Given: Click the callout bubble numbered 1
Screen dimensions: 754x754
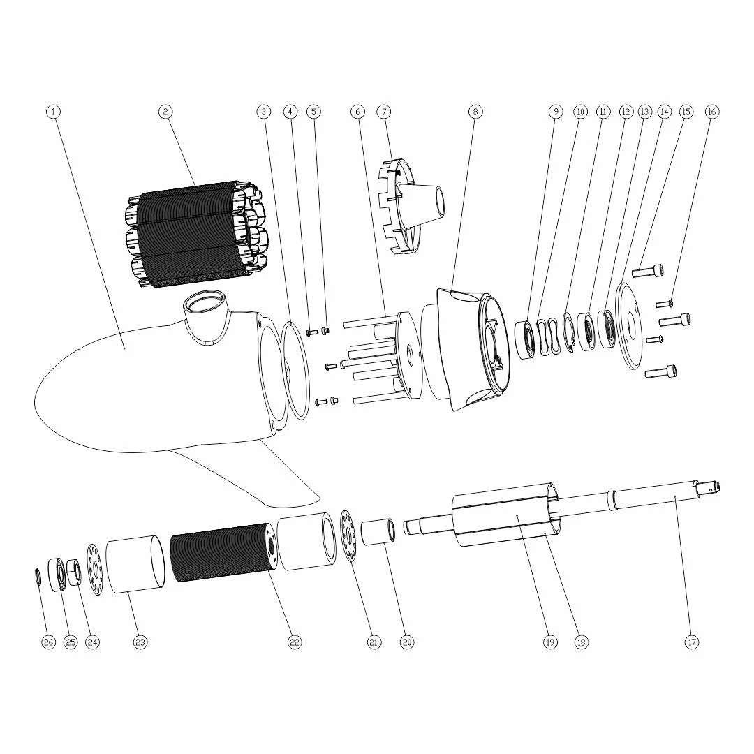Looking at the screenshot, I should coord(54,112).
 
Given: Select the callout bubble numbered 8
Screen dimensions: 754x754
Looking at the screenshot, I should coord(475,112).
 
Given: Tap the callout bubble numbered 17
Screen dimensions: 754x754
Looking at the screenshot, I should coord(692,642).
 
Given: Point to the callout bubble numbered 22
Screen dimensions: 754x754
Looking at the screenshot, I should coord(295,642).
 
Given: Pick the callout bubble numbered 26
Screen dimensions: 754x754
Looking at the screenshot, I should coord(48,642).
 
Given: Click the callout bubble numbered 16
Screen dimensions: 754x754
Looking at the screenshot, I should coord(712,112).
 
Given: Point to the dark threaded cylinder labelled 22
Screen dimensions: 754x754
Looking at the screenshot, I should coord(222,553).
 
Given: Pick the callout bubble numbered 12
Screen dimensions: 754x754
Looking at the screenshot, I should coord(626,112).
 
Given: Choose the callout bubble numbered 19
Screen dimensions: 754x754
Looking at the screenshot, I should coord(550,642).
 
